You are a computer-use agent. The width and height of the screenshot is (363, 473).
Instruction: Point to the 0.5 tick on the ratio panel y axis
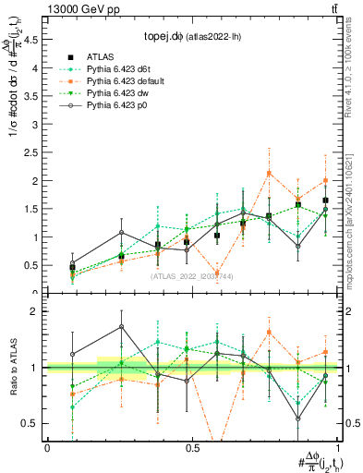[x=32, y=423]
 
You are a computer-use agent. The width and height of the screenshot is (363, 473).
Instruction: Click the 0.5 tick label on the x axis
[x=192, y=448]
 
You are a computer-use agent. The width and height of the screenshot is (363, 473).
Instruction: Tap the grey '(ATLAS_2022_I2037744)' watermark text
[x=191, y=276]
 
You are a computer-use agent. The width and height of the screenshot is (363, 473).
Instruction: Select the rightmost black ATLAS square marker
[x=326, y=200]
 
